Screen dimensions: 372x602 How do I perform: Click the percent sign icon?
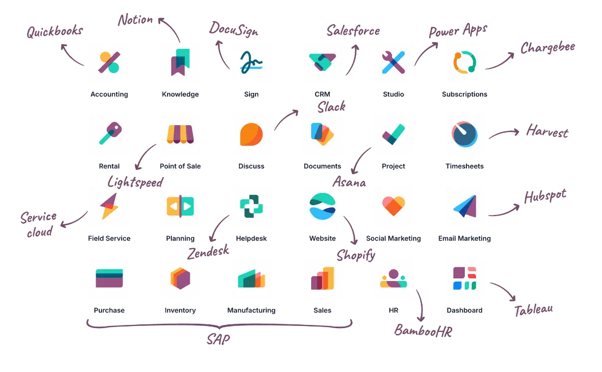coord(108,61)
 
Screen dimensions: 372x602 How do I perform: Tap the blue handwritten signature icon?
coord(251,61)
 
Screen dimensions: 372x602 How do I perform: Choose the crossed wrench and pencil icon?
coord(394,61)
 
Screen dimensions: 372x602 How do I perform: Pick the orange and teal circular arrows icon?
coord(464,61)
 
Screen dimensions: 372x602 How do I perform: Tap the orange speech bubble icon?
coord(251,134)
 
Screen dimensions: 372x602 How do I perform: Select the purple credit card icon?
coord(108,277)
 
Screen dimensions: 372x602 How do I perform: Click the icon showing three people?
coord(394,277)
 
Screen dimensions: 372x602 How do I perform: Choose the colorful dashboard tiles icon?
coord(464,277)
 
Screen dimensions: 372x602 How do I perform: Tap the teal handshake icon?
coord(321,61)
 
